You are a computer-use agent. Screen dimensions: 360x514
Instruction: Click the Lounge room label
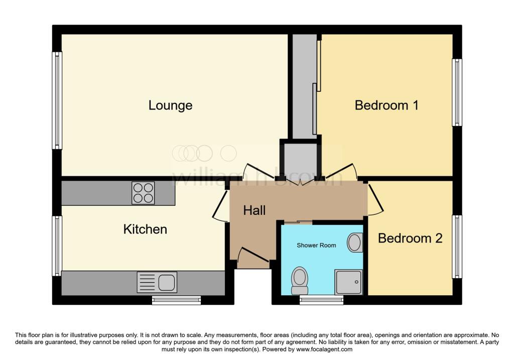pyautogui.click(x=170, y=105)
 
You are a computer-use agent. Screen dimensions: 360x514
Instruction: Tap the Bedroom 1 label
pyautogui.click(x=386, y=105)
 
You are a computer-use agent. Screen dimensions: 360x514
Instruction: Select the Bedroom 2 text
pyautogui.click(x=410, y=238)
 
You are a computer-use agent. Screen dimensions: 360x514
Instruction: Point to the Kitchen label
pyautogui.click(x=145, y=229)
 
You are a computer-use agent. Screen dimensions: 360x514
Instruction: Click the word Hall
pyautogui.click(x=254, y=210)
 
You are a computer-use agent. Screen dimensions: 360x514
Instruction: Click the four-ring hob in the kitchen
pyautogui.click(x=143, y=193)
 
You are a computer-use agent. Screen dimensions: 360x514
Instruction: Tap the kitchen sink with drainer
pyautogui.click(x=157, y=283)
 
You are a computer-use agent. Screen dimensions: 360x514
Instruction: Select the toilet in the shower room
pyautogui.click(x=300, y=280)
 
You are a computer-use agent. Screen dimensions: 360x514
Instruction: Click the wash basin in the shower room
pyautogui.click(x=355, y=243)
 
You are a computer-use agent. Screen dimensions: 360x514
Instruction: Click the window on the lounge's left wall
pyautogui.click(x=58, y=100)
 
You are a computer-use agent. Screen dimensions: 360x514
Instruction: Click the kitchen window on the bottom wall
pyautogui.click(x=176, y=300)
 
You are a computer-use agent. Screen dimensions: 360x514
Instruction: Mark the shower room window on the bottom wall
pyautogui.click(x=322, y=300)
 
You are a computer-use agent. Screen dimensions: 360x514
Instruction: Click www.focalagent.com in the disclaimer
pyautogui.click(x=324, y=349)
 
